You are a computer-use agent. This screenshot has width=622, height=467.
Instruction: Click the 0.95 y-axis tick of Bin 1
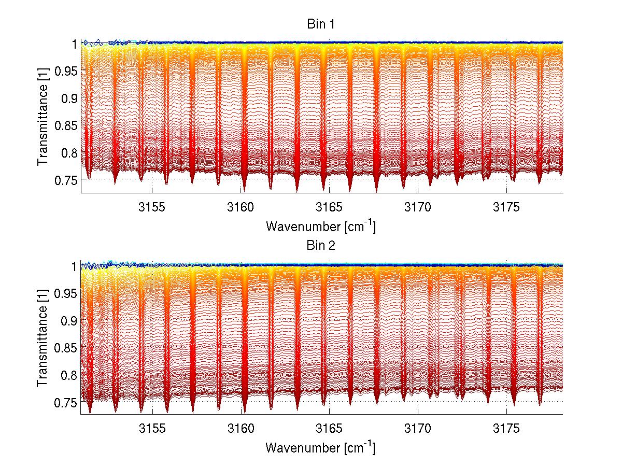point(65,71)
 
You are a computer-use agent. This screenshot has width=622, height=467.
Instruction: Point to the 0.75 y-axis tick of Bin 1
point(65,180)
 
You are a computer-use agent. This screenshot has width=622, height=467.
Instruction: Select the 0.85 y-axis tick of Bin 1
point(65,125)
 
